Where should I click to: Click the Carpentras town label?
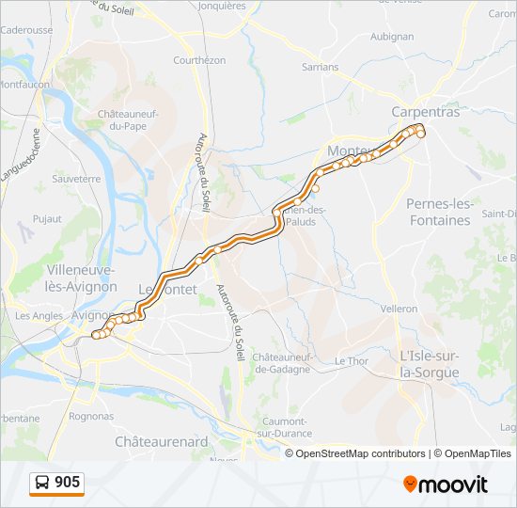point(426,111)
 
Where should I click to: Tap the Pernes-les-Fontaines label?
point(438,212)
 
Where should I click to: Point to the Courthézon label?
point(199,60)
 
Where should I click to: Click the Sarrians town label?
point(320,68)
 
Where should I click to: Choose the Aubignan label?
point(392,37)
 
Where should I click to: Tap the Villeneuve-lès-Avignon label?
point(82,278)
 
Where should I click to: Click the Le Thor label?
point(351,361)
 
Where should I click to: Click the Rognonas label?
point(91,416)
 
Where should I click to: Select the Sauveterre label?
point(76,178)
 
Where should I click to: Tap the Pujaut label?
point(46,218)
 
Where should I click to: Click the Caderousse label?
point(27,30)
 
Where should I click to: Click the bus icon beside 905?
point(43,484)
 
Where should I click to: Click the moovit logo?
point(446,484)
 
